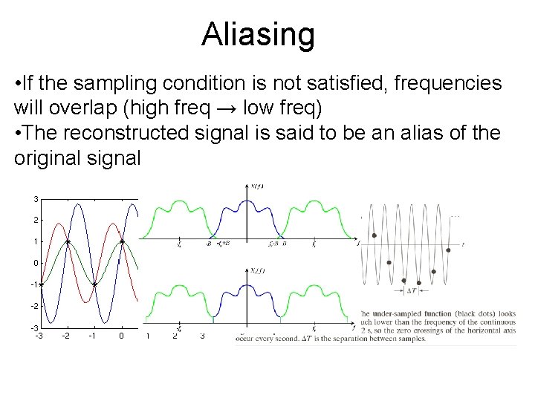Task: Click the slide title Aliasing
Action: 258,34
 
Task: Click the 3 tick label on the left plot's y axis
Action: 36,199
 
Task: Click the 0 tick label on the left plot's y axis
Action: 36,263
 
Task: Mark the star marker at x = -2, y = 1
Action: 68,241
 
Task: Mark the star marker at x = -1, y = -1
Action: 95,284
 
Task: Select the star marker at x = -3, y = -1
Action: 41,284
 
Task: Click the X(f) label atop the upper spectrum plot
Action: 257,186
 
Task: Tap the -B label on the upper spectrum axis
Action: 210,243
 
